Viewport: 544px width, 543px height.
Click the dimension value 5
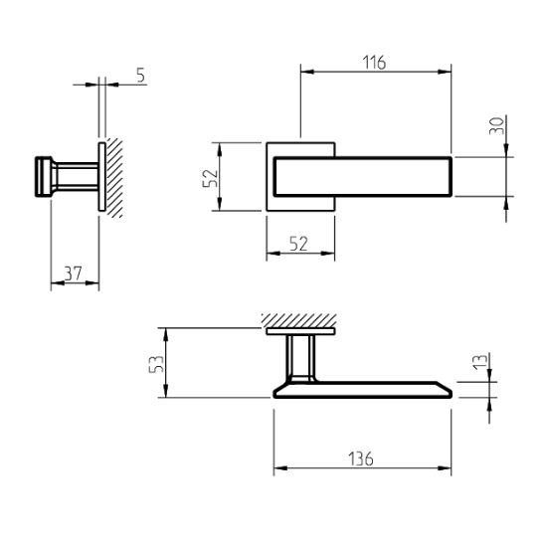point(140,76)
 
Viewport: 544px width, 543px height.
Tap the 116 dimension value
point(373,63)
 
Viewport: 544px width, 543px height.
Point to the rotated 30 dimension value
point(497,126)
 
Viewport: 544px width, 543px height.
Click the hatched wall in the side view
point(114,179)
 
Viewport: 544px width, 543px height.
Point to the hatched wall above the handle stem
point(298,319)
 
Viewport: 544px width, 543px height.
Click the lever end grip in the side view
point(44,177)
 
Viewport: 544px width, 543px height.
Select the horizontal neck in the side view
point(75,177)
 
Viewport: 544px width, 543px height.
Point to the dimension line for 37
point(75,283)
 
